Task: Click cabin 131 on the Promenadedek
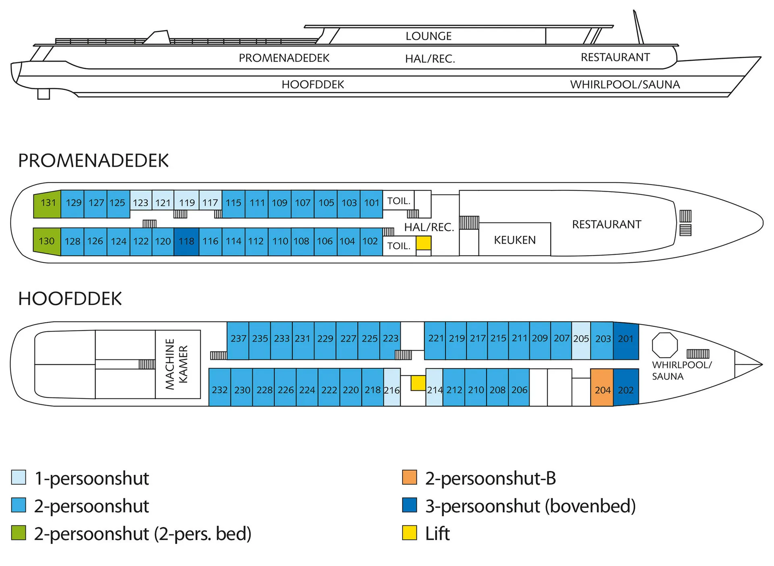click(48, 203)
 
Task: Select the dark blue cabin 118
click(186, 242)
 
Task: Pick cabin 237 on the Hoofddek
click(238, 340)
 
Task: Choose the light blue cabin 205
click(581, 340)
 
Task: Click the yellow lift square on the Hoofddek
click(418, 383)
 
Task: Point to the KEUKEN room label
click(515, 240)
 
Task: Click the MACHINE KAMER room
click(177, 364)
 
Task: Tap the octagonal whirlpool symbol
click(665, 345)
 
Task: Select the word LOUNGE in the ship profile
click(429, 36)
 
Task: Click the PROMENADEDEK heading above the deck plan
click(93, 161)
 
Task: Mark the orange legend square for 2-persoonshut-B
click(409, 477)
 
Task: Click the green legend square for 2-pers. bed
click(19, 533)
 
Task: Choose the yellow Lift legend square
click(409, 533)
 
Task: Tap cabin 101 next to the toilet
click(371, 203)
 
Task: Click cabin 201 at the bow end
click(626, 340)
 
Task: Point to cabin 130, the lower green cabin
click(47, 242)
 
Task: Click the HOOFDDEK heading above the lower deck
click(70, 299)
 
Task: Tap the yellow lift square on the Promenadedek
click(423, 243)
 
